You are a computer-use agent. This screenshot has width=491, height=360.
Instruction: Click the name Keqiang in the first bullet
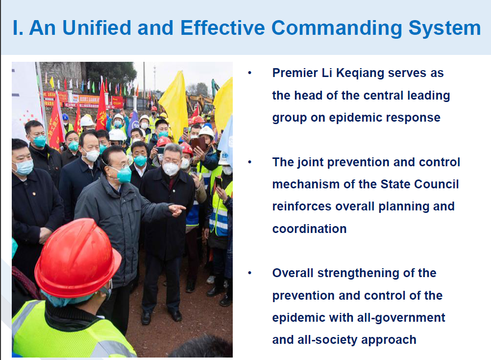click(x=360, y=74)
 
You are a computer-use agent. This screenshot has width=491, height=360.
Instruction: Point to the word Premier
click(x=295, y=73)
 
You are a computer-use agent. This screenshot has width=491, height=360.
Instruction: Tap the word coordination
click(x=309, y=229)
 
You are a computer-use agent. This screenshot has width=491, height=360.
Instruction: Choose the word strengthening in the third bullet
click(x=358, y=274)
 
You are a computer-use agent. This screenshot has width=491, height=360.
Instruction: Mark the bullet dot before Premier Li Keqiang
click(x=249, y=73)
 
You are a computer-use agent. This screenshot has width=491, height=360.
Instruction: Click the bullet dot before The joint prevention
click(x=249, y=162)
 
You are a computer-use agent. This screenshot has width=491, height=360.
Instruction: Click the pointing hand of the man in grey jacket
click(x=177, y=210)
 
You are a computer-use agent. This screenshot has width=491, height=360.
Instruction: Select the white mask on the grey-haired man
click(x=171, y=169)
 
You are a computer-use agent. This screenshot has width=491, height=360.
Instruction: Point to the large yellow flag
click(x=175, y=103)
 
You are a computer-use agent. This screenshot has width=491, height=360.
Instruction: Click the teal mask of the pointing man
click(x=124, y=175)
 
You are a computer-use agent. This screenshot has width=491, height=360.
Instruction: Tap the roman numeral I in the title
click(x=16, y=27)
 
